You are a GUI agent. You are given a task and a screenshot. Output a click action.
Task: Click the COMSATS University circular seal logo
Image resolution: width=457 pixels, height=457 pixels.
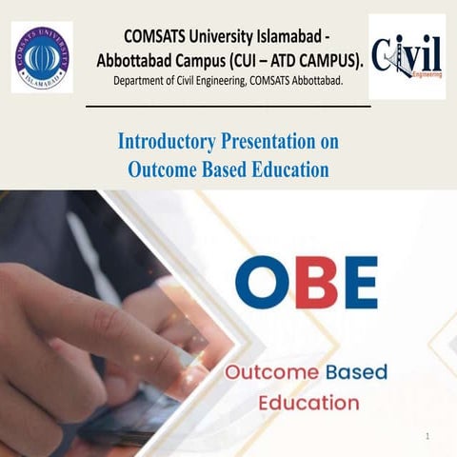pyautogui.click(x=42, y=56)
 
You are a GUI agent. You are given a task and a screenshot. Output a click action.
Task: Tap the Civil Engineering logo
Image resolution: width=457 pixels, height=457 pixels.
pyautogui.click(x=407, y=56)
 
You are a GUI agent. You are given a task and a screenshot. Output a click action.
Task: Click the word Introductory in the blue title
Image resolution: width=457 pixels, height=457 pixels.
pyautogui.click(x=162, y=142)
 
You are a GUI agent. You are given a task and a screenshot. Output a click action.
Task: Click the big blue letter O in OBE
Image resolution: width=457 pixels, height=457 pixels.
pyautogui.click(x=262, y=282)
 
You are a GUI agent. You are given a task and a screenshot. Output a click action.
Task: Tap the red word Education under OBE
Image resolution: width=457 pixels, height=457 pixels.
pyautogui.click(x=309, y=403)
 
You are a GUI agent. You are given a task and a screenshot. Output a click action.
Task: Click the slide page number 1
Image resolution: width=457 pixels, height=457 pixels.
pyautogui.click(x=428, y=435)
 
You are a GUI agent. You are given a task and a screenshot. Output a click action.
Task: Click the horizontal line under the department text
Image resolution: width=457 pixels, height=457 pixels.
pyautogui.click(x=228, y=107)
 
